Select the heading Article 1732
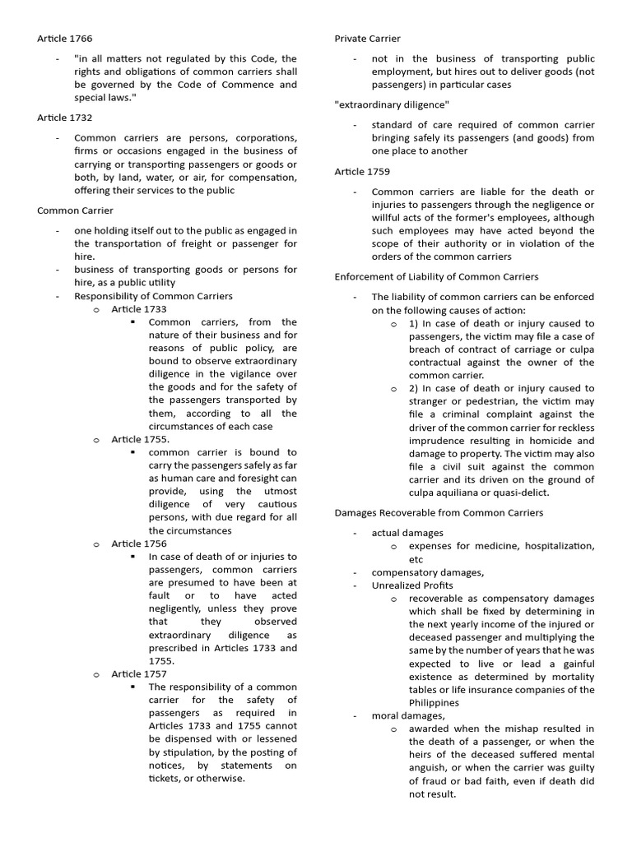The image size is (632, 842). (x=63, y=118)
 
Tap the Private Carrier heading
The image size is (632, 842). (x=367, y=39)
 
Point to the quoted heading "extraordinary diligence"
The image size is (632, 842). (x=392, y=104)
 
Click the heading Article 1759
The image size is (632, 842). (x=362, y=171)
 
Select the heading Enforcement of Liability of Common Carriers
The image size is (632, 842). (x=436, y=276)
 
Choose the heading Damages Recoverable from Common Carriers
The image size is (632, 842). (x=439, y=512)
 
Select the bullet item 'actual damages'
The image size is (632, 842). (x=407, y=533)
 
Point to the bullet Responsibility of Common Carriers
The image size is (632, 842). (x=153, y=296)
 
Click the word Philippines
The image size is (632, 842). (x=435, y=703)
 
